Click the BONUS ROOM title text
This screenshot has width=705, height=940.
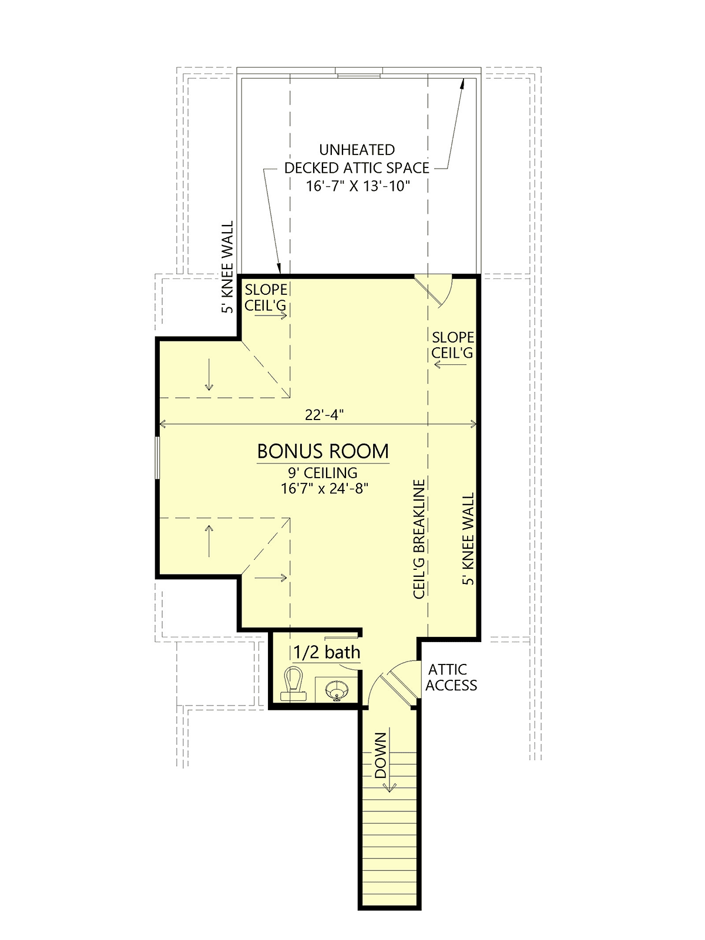323,451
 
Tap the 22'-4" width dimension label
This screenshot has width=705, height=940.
324,415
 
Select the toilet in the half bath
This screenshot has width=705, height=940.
293,684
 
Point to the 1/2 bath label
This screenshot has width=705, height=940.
327,652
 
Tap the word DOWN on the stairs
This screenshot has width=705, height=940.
381,755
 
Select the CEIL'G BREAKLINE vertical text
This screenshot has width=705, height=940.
419,539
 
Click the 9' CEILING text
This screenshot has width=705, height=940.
323,473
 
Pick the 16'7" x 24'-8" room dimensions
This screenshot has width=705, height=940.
324,488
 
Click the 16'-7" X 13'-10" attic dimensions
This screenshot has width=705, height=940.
358,186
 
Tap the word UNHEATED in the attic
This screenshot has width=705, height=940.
357,150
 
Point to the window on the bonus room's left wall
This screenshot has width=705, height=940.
157,457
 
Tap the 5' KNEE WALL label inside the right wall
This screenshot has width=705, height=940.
468,538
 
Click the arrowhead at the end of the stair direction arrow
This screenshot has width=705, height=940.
390,786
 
